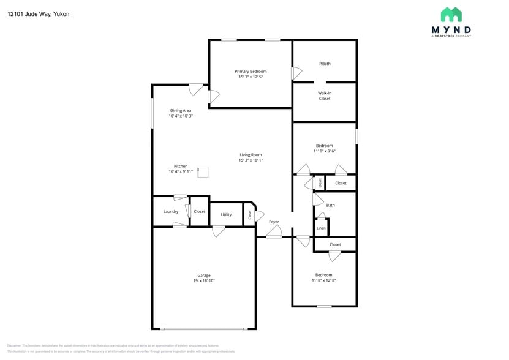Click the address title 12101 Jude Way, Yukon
[x=38, y=13]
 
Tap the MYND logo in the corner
[x=451, y=23]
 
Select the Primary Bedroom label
[x=251, y=72]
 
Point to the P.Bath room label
[x=325, y=64]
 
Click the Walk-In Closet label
[x=325, y=96]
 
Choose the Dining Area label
[x=181, y=111]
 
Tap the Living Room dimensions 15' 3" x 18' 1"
[x=251, y=160]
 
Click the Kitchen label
[x=181, y=166]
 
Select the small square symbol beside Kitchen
[x=203, y=172]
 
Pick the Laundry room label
[x=171, y=212]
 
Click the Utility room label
[x=226, y=215]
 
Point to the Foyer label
[x=274, y=222]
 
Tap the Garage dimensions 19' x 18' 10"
[x=204, y=281]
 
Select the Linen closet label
[x=321, y=228]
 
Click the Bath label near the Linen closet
[x=331, y=205]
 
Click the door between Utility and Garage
[x=218, y=231]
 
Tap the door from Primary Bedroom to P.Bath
[x=296, y=73]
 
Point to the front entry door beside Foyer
[x=274, y=232]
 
